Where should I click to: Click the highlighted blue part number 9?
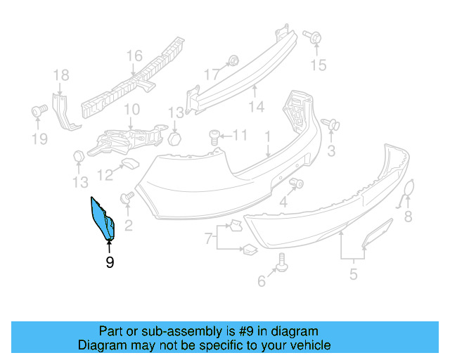click(103, 219)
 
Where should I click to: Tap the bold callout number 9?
click(109, 262)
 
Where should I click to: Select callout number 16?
click(134, 56)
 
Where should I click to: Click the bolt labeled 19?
click(39, 110)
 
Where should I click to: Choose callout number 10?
click(131, 110)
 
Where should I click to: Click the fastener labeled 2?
click(127, 200)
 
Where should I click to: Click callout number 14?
click(256, 107)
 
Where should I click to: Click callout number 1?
click(268, 135)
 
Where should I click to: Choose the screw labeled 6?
click(282, 262)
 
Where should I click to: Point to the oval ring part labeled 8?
click(408, 193)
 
